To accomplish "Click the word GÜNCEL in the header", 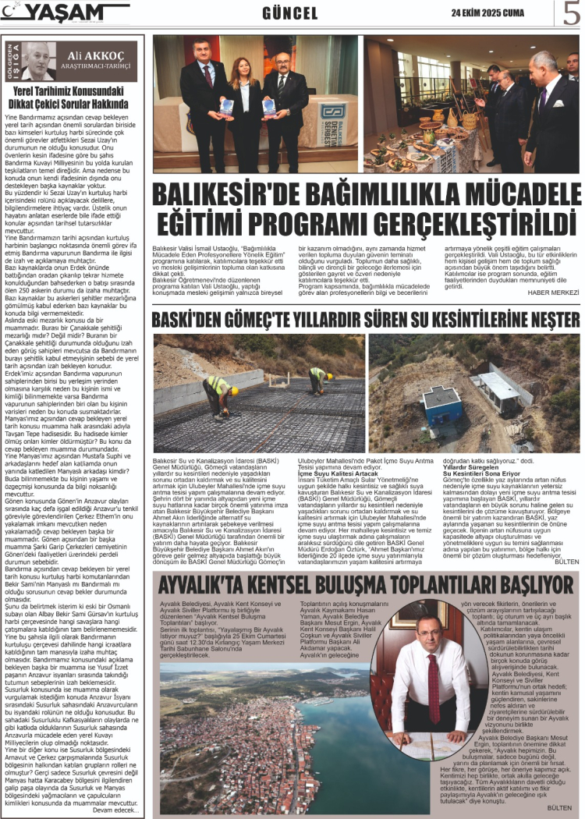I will [290, 13].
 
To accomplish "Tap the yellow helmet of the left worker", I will [212, 383].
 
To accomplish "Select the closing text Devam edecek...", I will [115, 810].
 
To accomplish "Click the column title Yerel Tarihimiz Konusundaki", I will [71, 90].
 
